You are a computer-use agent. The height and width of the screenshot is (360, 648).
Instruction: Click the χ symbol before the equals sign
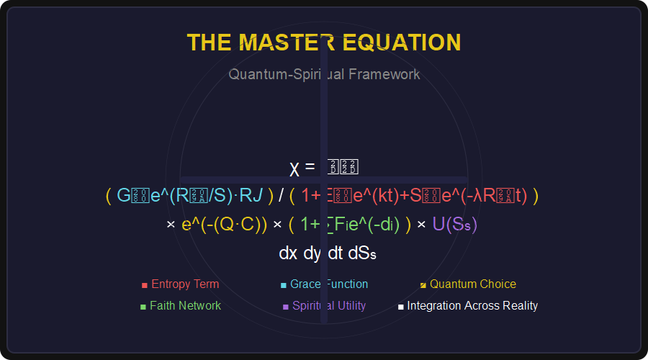(294, 168)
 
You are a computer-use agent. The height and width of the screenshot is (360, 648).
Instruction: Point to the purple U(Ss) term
(454, 224)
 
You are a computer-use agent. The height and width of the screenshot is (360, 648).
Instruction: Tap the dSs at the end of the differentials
(362, 253)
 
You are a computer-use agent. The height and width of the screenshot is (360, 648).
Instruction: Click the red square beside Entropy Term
(145, 285)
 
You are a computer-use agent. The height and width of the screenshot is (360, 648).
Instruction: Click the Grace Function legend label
(329, 284)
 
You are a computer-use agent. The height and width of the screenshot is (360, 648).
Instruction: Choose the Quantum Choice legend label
(472, 284)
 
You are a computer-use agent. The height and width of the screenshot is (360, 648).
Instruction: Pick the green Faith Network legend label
(185, 306)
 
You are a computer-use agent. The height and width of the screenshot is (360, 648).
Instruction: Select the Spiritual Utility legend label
(329, 306)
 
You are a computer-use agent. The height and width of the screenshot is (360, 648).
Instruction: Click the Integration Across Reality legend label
(472, 306)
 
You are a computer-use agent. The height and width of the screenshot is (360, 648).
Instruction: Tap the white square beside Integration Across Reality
(401, 307)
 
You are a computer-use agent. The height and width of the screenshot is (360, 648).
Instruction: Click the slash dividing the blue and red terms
(282, 195)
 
